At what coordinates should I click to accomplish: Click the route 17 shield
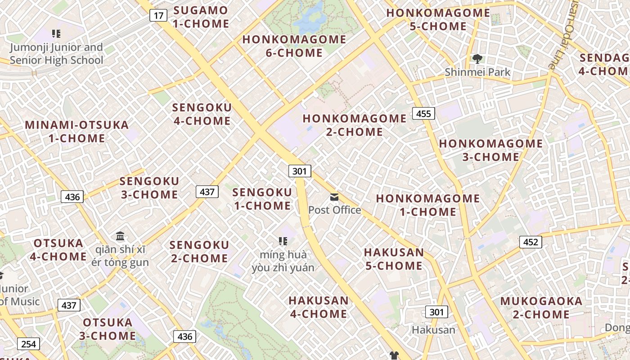pyautogui.click(x=158, y=16)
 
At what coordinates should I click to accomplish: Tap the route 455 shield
pyautogui.click(x=423, y=113)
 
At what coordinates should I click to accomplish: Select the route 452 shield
pyautogui.click(x=531, y=242)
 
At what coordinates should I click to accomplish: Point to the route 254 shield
pyautogui.click(x=28, y=344)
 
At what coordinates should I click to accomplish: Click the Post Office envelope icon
pyautogui.click(x=334, y=197)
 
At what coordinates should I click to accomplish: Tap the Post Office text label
pyautogui.click(x=334, y=210)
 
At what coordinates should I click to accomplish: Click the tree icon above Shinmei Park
pyautogui.click(x=477, y=58)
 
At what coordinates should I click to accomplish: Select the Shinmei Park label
pyautogui.click(x=477, y=72)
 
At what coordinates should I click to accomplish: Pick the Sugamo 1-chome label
pyautogui.click(x=201, y=17)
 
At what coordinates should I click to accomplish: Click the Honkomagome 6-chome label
pyautogui.click(x=294, y=46)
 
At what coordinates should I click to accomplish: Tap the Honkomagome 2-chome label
pyautogui.click(x=355, y=125)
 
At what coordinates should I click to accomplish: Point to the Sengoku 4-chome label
pyautogui.click(x=202, y=114)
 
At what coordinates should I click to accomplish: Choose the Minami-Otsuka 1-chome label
pyautogui.click(x=77, y=131)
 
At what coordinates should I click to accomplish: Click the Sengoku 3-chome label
pyautogui.click(x=149, y=188)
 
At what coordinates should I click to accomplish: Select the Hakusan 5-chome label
pyautogui.click(x=394, y=259)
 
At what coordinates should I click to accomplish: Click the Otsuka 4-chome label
pyautogui.click(x=58, y=250)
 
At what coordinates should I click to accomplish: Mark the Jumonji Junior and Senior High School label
pyautogui.click(x=57, y=54)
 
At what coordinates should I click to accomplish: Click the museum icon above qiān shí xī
pyautogui.click(x=120, y=236)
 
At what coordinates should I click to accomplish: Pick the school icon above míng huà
pyautogui.click(x=283, y=241)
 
